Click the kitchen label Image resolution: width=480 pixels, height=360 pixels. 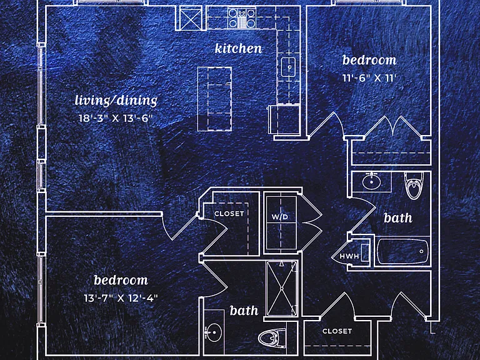238,49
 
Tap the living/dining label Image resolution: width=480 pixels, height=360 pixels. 116,101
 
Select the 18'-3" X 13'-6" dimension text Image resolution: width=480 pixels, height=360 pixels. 116,118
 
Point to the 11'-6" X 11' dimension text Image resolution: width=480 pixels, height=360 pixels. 369,78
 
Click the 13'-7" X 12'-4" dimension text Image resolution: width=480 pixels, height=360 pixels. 121,298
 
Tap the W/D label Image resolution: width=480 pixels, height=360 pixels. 280,217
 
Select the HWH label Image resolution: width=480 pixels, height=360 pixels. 349,256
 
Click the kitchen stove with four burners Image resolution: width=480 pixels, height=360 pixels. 242,18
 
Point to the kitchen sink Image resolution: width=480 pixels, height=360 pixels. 288,67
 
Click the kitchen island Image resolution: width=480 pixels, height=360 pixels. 214,99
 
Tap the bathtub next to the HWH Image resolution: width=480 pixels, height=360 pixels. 402,251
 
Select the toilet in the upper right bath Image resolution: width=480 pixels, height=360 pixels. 415,185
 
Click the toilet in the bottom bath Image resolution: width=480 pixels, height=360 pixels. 272,338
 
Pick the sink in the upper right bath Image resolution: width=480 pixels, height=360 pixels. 371,181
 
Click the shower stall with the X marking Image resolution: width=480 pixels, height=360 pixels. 282,288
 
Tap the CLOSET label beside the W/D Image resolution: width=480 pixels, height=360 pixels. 229,214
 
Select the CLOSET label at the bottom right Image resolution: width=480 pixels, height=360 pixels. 337,331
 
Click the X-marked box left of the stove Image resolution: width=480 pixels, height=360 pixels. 191,19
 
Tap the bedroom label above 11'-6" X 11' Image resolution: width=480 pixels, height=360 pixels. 369,60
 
